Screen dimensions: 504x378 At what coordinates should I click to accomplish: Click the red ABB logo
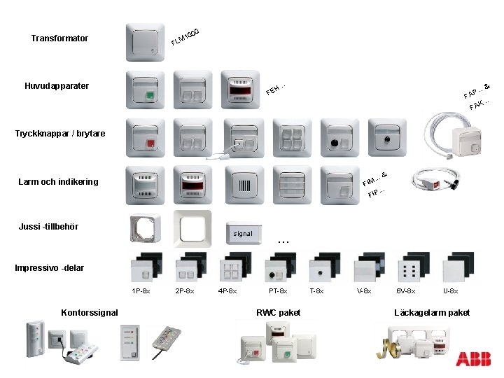(x=473, y=358)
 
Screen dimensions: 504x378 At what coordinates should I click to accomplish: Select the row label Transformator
(x=59, y=38)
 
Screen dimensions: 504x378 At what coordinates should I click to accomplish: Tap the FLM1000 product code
(x=185, y=37)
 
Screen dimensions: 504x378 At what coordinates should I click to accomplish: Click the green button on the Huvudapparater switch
(x=150, y=95)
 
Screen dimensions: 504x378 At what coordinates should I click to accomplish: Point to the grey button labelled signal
(x=244, y=233)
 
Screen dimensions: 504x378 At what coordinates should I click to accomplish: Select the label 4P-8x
(x=227, y=291)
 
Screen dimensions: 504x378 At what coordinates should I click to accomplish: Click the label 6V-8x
(x=405, y=291)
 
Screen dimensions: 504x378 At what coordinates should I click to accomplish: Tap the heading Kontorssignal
(x=90, y=313)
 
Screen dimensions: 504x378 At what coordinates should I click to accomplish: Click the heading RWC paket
(x=279, y=313)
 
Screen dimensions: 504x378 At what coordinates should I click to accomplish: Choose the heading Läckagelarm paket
(x=432, y=313)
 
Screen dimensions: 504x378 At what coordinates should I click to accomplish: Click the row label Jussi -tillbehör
(x=48, y=227)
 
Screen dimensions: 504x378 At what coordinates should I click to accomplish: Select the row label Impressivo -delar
(x=50, y=268)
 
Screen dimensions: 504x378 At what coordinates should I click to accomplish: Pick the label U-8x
(x=450, y=291)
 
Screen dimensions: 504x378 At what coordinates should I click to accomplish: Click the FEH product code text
(x=276, y=89)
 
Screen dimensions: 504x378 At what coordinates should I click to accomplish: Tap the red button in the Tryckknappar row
(x=150, y=143)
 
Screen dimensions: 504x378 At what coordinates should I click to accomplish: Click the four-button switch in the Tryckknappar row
(x=292, y=138)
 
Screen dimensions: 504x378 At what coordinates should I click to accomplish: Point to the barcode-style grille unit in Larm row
(x=244, y=185)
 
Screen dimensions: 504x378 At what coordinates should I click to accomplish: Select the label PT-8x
(x=278, y=291)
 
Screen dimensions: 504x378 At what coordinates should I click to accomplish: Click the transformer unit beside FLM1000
(x=146, y=42)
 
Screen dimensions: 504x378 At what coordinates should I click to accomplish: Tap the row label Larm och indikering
(x=58, y=182)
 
